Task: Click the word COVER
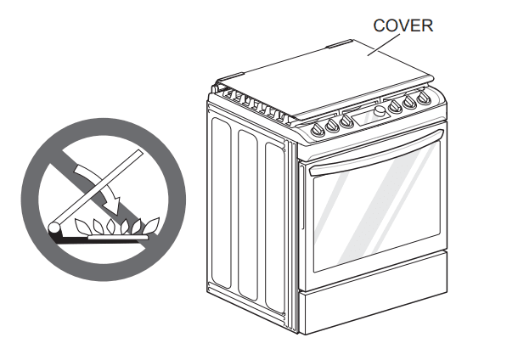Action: point(403,25)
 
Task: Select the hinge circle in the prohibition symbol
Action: point(54,228)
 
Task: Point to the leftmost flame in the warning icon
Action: point(82,227)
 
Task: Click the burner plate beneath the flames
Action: point(118,237)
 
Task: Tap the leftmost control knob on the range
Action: point(318,129)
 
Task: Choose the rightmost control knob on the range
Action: point(423,98)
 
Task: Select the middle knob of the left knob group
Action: point(332,125)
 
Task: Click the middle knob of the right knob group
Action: point(409,102)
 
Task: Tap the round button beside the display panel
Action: point(380,110)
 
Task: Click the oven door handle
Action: point(376,153)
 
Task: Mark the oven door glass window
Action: point(377,206)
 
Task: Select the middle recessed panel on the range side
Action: point(248,215)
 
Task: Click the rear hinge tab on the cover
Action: point(340,43)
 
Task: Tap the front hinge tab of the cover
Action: point(230,77)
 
